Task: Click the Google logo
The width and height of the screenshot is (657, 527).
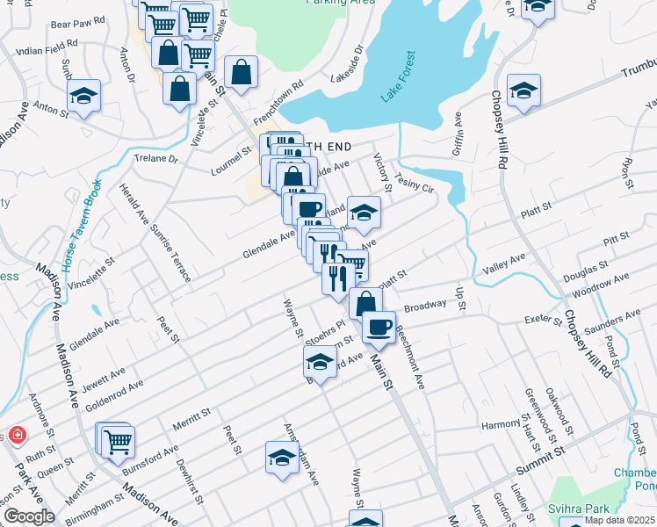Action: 29,516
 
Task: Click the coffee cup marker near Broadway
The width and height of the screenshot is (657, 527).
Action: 379,328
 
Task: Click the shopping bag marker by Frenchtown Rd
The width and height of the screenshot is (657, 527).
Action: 241,73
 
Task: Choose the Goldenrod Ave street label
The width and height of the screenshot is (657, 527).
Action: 113,397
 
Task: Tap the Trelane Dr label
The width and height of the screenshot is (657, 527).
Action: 155,159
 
